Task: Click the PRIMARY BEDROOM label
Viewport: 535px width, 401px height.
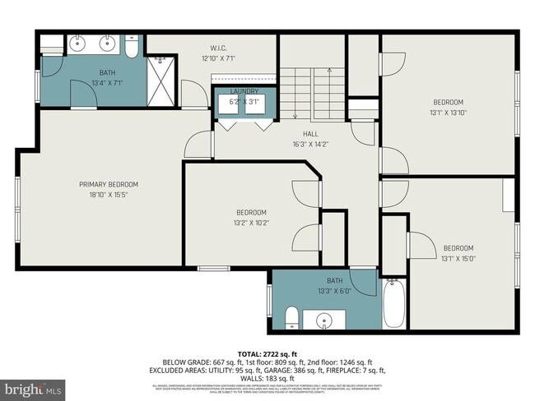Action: coord(109,184)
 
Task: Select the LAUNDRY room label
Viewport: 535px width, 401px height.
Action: coord(244,91)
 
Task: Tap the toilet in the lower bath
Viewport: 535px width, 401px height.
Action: coord(291,317)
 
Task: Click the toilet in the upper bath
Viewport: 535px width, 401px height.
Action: coord(132,48)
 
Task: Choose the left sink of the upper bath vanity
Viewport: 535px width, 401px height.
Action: coord(80,44)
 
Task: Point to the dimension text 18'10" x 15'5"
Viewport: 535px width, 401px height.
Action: coord(109,195)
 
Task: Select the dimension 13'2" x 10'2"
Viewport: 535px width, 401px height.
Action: coord(251,223)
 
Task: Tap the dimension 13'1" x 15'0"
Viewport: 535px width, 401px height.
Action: coord(458,259)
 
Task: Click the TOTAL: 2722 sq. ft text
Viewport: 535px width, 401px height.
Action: coord(267,353)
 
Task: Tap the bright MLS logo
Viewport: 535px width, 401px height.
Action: coord(33,386)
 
